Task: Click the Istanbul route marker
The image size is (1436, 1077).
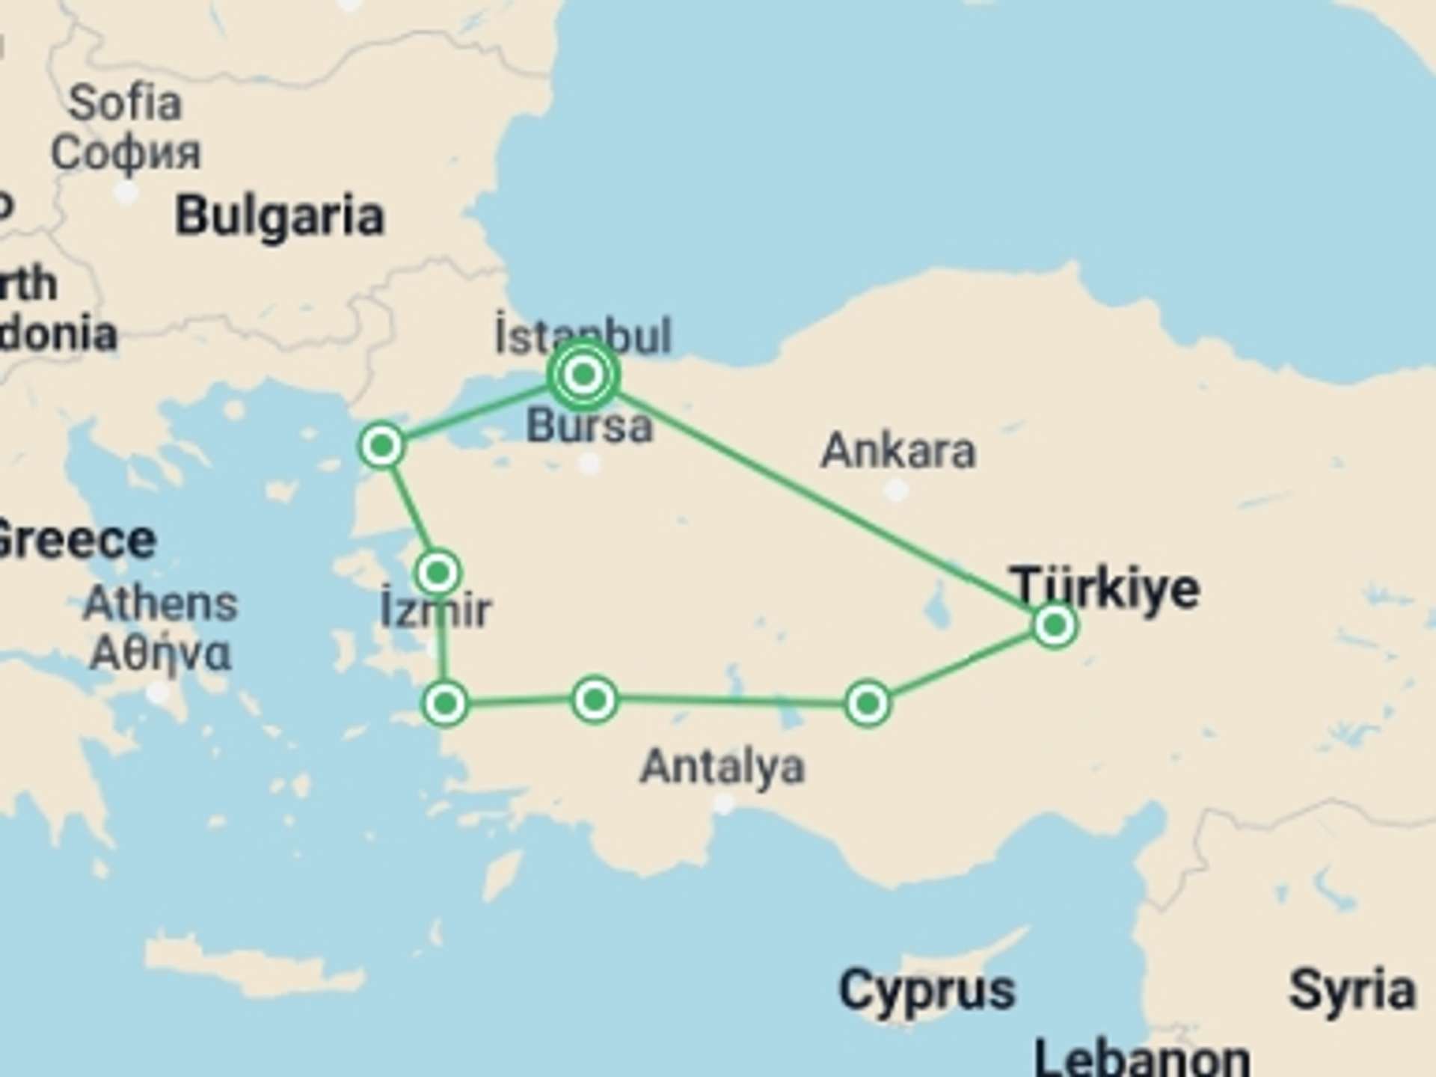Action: point(583,374)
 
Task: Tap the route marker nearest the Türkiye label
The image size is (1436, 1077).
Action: point(1055,625)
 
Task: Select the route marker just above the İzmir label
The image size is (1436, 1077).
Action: point(438,573)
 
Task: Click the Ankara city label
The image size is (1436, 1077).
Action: point(898,451)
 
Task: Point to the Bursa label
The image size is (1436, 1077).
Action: point(589,426)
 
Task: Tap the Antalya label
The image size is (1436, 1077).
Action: point(722,767)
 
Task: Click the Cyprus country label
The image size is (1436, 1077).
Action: point(927,989)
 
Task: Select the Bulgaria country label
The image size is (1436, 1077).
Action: point(280,217)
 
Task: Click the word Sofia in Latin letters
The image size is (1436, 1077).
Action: point(125,102)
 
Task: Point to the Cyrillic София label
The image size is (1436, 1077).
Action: point(126,152)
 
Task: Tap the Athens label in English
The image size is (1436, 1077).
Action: point(160,603)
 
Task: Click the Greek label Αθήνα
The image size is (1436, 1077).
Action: point(160,654)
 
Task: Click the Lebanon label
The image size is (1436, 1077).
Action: point(1142,1058)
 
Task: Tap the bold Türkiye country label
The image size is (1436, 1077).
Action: point(1105,589)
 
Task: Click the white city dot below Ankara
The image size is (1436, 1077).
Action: point(896,491)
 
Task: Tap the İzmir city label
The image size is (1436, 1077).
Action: point(436,610)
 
